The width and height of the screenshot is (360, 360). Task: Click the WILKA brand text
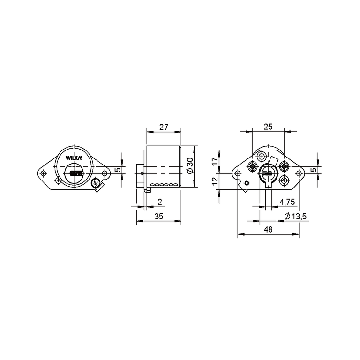(74, 158)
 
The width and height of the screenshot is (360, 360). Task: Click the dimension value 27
(164, 127)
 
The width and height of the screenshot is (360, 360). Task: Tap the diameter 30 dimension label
(191, 165)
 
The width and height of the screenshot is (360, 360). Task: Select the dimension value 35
(159, 216)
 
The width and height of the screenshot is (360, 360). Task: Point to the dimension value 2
(160, 202)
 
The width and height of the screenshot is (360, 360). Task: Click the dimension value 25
(268, 127)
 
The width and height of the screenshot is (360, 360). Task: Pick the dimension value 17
(215, 161)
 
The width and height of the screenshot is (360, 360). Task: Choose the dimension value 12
(215, 181)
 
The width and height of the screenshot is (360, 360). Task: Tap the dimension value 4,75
(287, 202)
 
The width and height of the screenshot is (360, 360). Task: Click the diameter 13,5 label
(295, 216)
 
